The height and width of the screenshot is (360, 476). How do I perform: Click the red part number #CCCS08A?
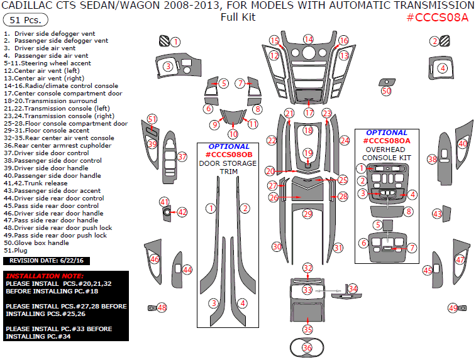pyautogui.click(x=438, y=17)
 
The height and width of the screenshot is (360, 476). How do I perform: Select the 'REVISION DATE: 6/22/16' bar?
pyautogui.click(x=38, y=259)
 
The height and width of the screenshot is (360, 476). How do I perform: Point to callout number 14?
pyautogui.click(x=308, y=40)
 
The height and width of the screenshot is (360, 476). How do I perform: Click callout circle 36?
pyautogui.click(x=307, y=347)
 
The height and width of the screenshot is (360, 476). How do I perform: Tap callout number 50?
pyautogui.click(x=386, y=91)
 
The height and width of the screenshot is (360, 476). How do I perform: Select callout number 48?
pyautogui.click(x=162, y=307)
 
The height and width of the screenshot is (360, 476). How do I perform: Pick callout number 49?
pyautogui.click(x=453, y=308)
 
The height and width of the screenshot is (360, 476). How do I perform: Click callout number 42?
pyautogui.click(x=182, y=212)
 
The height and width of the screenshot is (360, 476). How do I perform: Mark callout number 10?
pyautogui.click(x=233, y=134)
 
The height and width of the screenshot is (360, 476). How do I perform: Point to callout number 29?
pyautogui.click(x=307, y=214)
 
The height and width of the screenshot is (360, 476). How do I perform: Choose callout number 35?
pyautogui.click(x=307, y=329)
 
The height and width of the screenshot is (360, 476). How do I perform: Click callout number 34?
pyautogui.click(x=353, y=288)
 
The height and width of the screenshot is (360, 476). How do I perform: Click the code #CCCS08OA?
pyautogui.click(x=387, y=141)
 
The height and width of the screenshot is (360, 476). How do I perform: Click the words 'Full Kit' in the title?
pyautogui.click(x=238, y=17)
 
